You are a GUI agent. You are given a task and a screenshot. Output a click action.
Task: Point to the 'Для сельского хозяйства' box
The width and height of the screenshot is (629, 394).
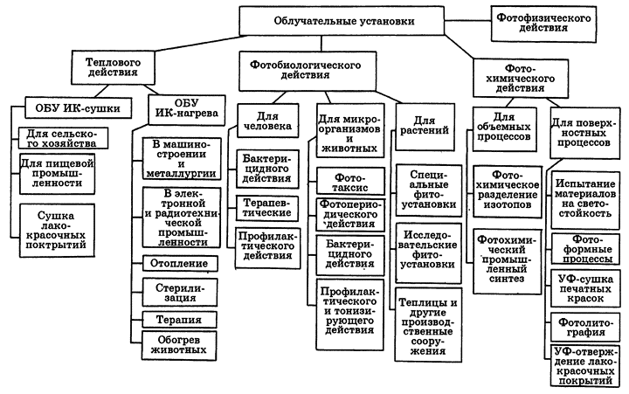[x=59, y=139]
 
